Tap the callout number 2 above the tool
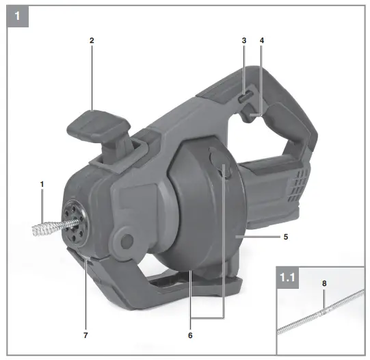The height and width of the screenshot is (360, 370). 92,40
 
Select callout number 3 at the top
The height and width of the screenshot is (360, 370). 243,40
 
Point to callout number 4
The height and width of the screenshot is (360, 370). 261,40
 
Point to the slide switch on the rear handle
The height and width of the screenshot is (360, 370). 243,99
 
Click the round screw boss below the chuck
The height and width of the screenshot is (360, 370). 124,240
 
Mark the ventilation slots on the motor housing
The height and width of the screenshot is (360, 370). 297,185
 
